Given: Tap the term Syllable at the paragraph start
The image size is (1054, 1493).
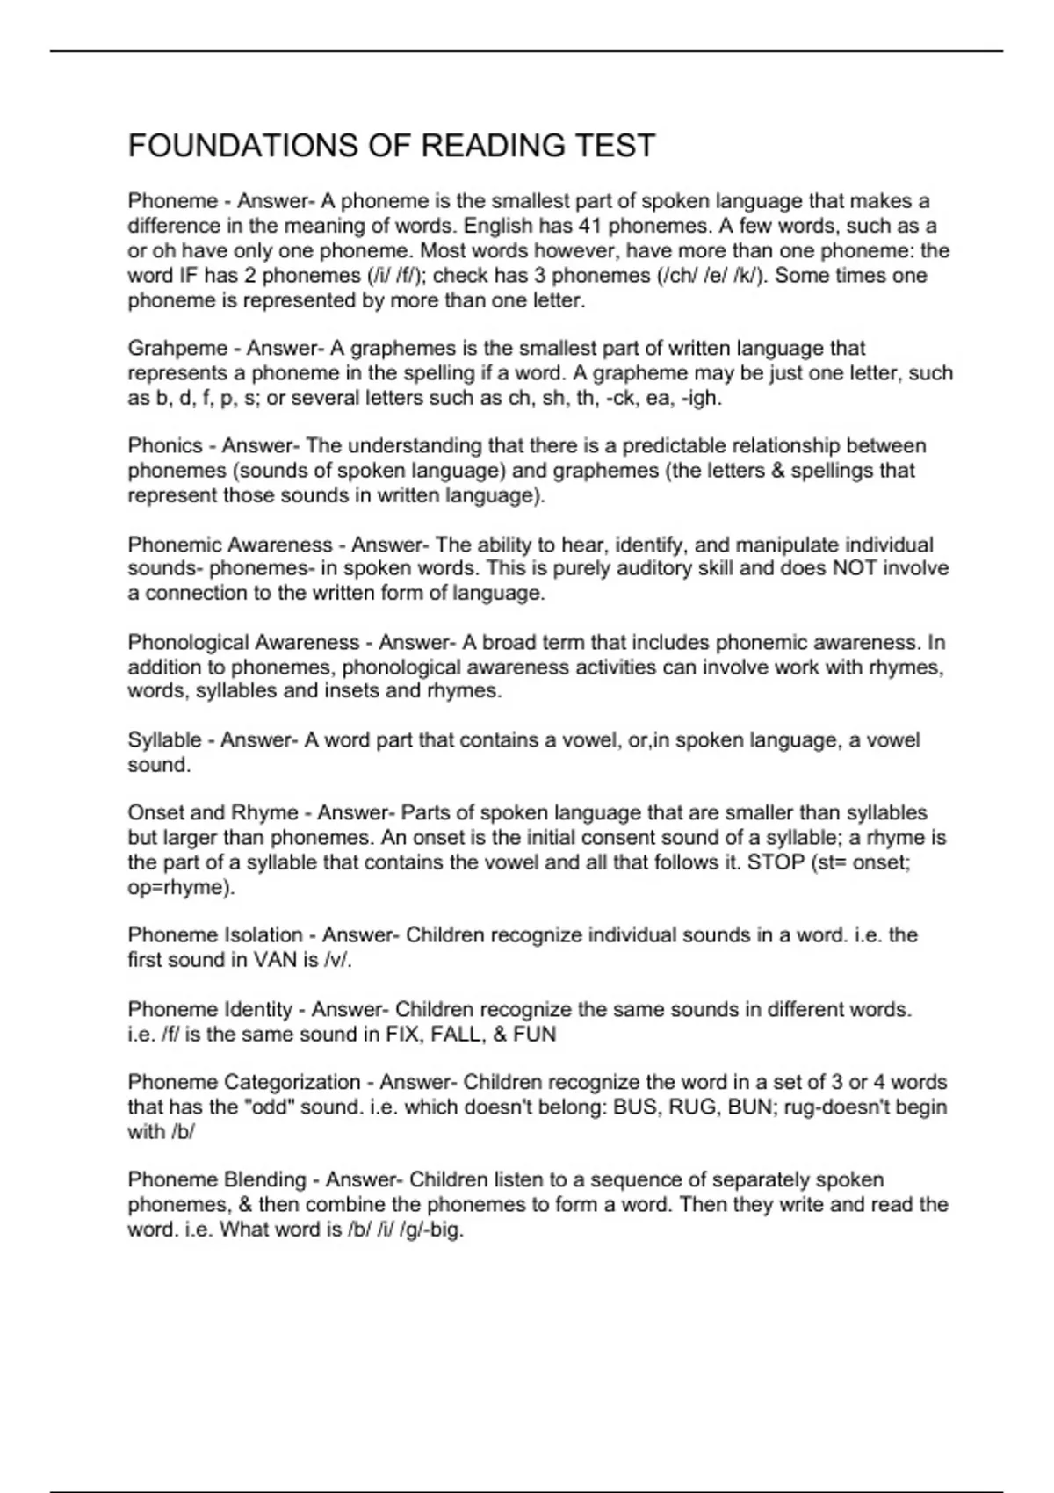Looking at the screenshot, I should pyautogui.click(x=164, y=740).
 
